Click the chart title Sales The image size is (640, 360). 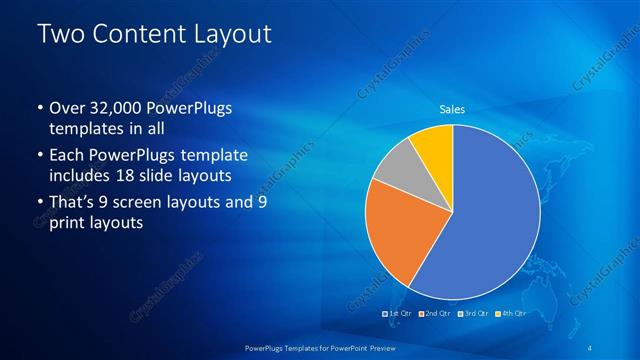pos(453,109)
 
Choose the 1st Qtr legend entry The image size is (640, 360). pos(399,314)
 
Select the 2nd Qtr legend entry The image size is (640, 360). pos(434,314)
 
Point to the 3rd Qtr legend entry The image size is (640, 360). pos(473,314)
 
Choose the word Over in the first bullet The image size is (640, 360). pos(68,108)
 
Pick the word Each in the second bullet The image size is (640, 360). pos(67,156)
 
